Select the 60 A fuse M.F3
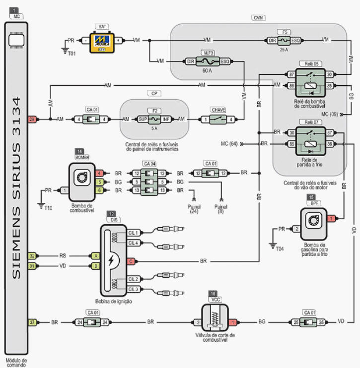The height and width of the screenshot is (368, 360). coord(208,61)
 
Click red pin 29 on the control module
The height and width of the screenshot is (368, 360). coord(32,119)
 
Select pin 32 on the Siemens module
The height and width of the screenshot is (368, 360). coord(32,256)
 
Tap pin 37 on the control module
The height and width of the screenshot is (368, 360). coord(32,322)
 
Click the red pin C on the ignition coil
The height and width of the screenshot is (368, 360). coord(130,261)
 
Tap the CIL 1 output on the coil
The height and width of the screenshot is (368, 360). coord(133,233)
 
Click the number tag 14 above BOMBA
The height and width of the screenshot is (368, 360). coord(79,150)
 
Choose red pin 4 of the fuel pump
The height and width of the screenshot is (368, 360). coord(100,174)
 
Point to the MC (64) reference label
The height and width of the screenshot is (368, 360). coord(229,144)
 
